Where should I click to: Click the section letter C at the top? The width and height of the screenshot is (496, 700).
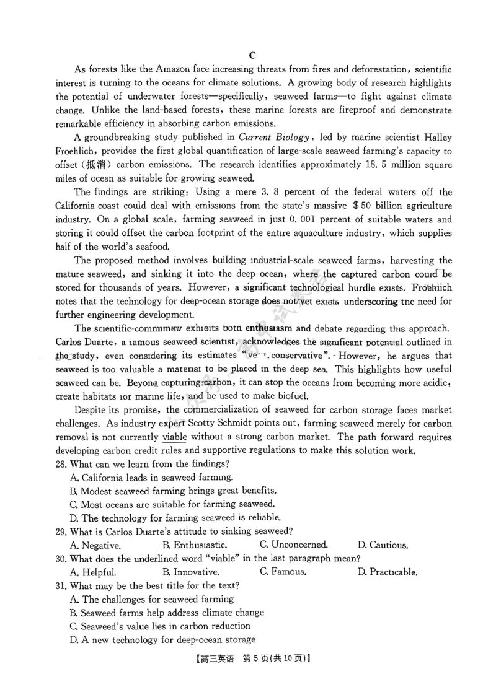[x=252, y=55]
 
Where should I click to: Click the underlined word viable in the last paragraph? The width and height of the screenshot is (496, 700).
[x=175, y=437]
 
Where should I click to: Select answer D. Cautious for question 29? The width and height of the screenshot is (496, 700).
[x=383, y=545]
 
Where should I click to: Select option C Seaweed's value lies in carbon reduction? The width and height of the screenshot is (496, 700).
[x=161, y=626]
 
